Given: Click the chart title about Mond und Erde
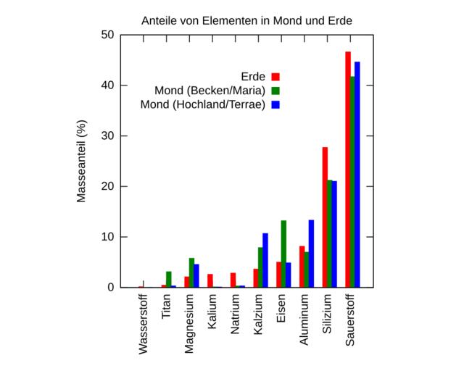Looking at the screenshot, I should (246, 20).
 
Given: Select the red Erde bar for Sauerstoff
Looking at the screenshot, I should (348, 170).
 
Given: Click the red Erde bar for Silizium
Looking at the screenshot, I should (325, 217).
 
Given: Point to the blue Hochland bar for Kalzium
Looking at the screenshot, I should (265, 260).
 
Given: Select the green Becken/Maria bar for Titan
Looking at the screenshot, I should (169, 280).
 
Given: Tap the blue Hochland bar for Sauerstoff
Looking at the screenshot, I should (357, 175).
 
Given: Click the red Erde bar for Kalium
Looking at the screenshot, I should (210, 281).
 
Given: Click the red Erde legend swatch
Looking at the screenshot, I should (275, 76).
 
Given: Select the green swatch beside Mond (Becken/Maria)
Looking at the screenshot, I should (275, 91).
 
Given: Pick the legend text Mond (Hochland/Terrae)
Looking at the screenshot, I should (202, 104).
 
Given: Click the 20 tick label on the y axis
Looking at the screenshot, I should (107, 186).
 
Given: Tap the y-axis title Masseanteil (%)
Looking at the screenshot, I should (82, 161).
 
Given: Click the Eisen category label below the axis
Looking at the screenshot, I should (281, 307).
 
